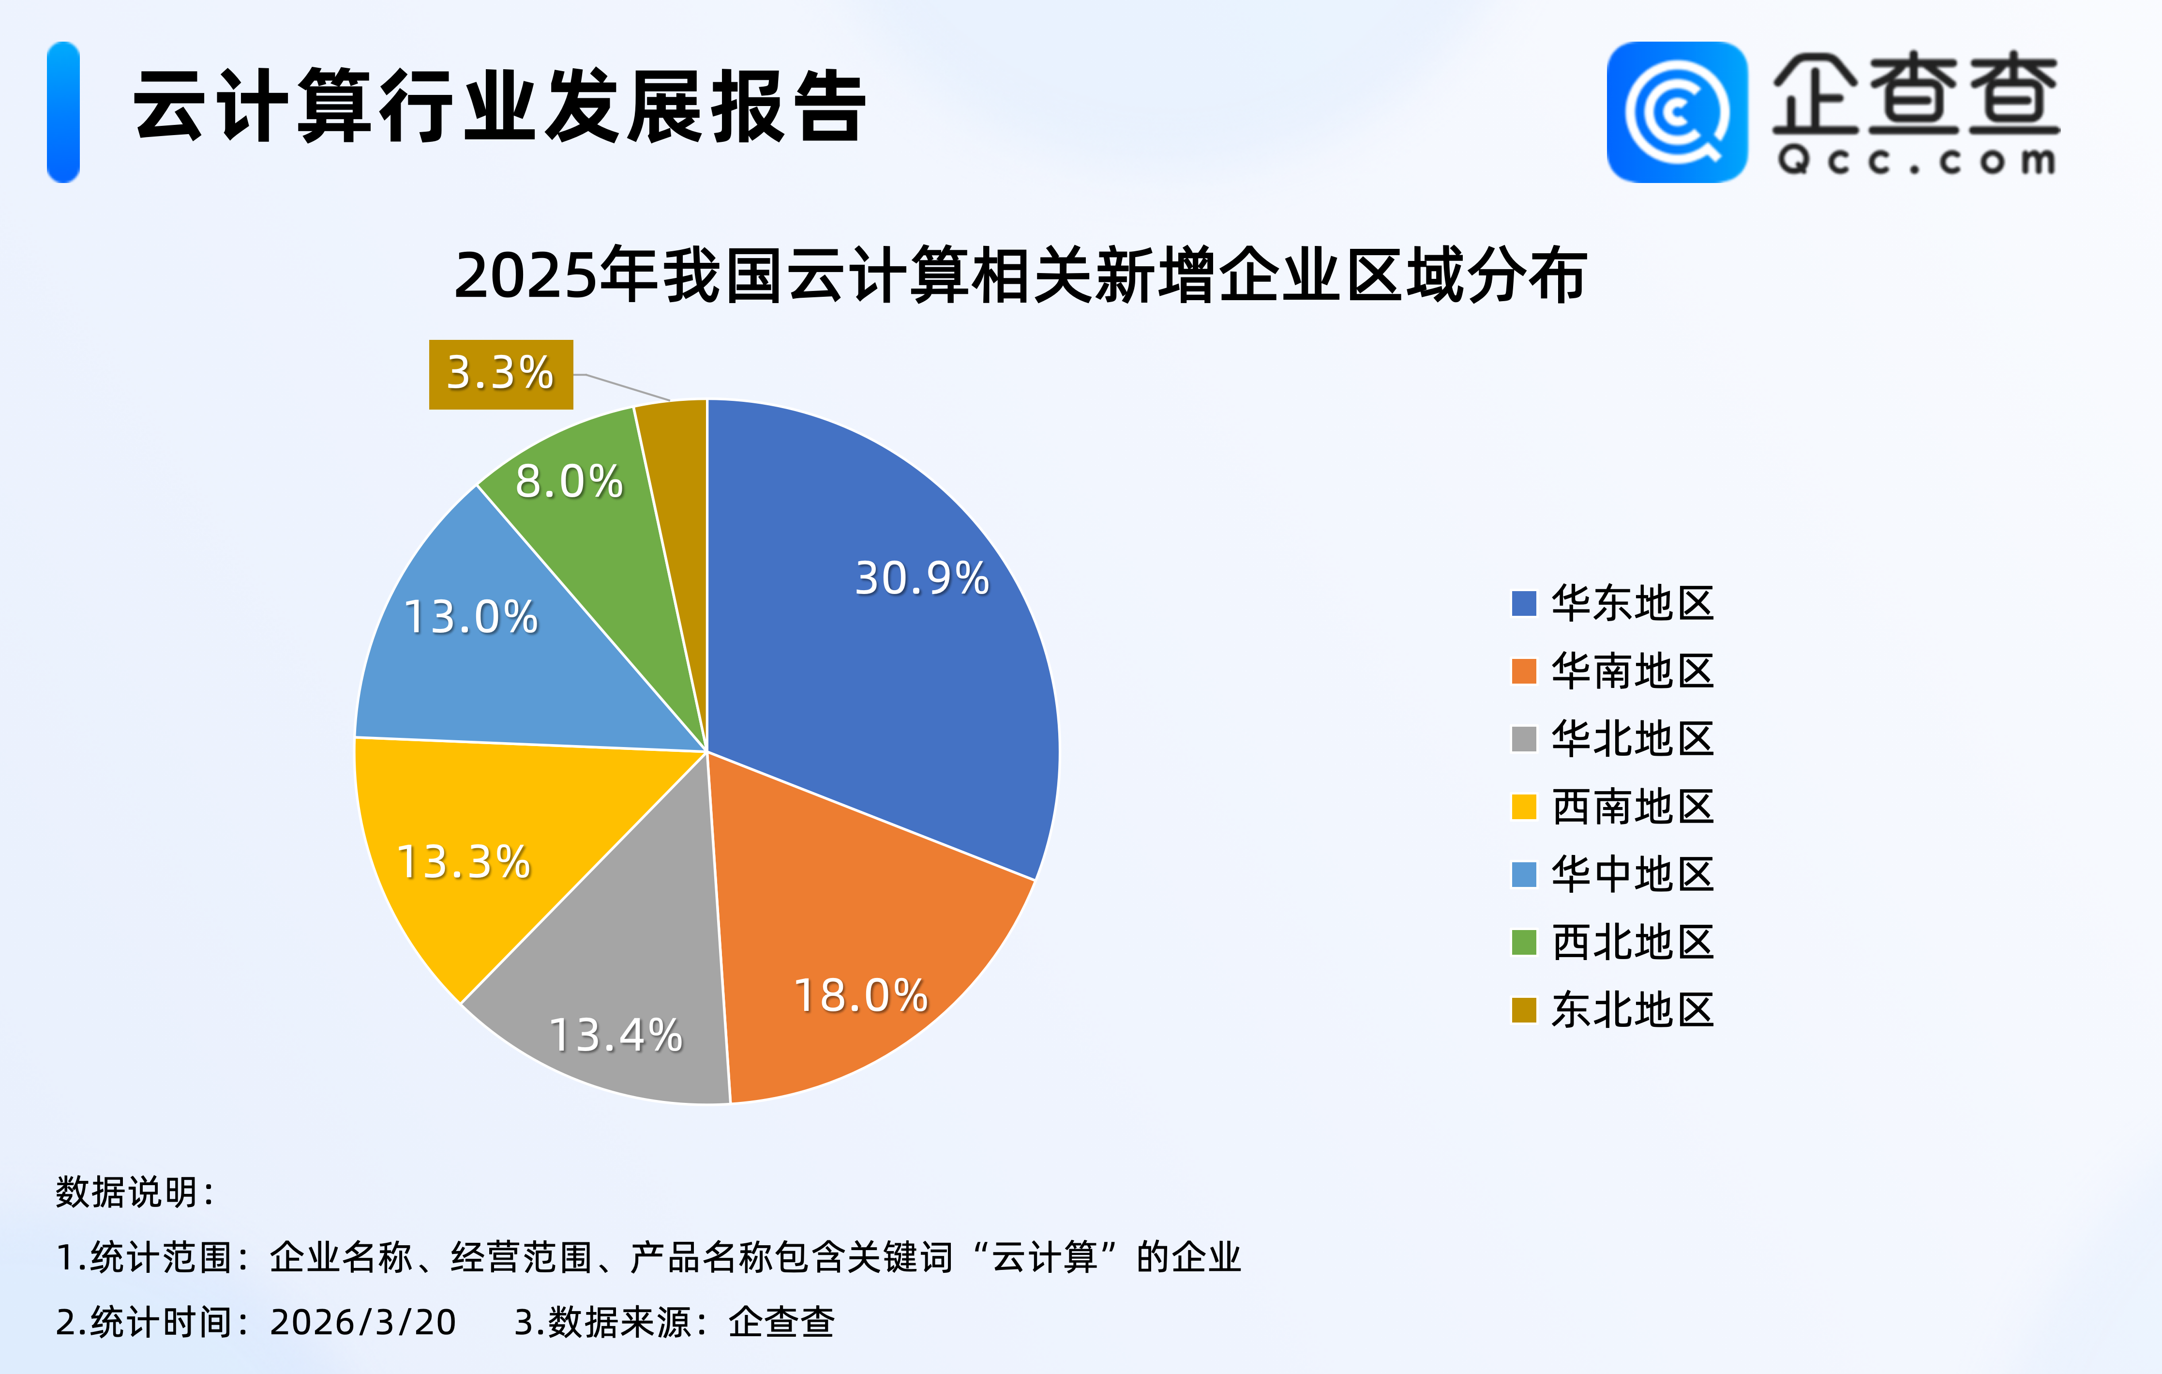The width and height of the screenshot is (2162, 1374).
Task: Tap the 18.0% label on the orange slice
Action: click(x=860, y=995)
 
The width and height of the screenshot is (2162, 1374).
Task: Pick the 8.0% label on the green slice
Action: click(x=569, y=481)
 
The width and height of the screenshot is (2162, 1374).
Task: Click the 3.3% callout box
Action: click(x=501, y=374)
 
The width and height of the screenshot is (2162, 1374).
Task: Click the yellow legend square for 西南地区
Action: click(x=1524, y=807)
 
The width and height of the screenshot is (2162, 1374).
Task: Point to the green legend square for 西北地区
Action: click(x=1524, y=942)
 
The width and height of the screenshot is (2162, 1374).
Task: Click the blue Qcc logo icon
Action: click(x=1676, y=112)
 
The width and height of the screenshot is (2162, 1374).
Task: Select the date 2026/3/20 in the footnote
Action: click(x=363, y=1322)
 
